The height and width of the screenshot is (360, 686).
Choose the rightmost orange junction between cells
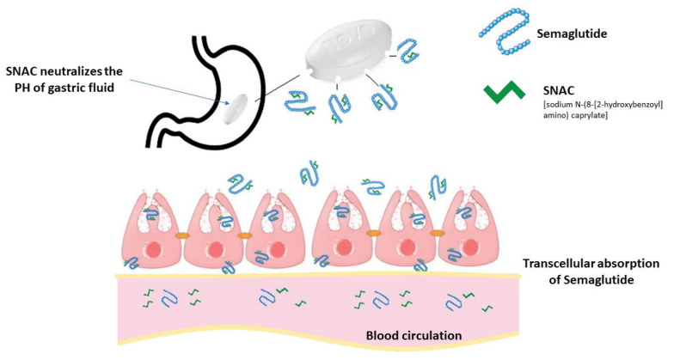(x=437, y=233)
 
